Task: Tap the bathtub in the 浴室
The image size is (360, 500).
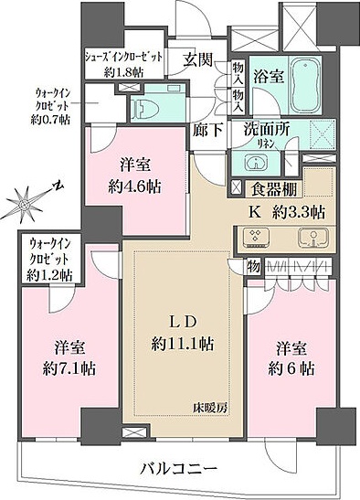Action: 300,90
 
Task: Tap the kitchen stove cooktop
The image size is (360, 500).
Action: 260,239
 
